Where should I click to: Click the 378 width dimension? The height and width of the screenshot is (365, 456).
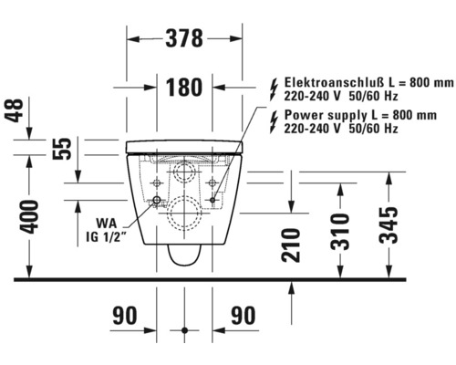pos(184,38)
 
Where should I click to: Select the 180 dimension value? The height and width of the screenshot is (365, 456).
pos(184,88)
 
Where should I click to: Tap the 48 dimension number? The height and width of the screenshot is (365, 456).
pos(16,110)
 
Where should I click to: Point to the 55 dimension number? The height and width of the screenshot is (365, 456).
pos(62,149)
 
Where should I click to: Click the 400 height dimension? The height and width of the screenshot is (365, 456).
pos(30,217)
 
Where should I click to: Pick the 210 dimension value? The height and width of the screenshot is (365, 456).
pos(291,245)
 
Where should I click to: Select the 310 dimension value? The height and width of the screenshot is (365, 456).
pos(340,232)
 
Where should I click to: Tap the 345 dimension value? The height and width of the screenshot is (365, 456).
pos(389,225)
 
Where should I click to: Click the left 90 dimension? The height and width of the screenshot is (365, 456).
pos(125,316)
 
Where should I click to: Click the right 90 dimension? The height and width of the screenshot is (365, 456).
pos(244,316)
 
